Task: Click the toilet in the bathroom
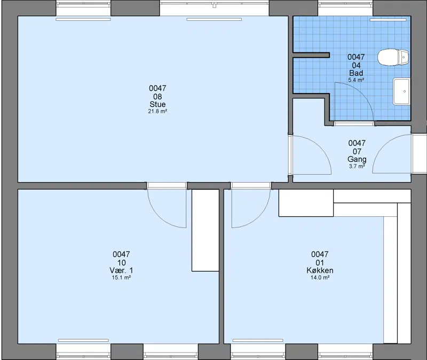pyautogui.click(x=393, y=58)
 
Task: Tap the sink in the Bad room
pyautogui.click(x=401, y=91)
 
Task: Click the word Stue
pyautogui.click(x=157, y=104)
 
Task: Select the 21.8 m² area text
pyautogui.click(x=157, y=111)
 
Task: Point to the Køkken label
pyautogui.click(x=320, y=270)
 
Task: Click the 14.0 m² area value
pyautogui.click(x=320, y=277)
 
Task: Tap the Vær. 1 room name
pyautogui.click(x=121, y=270)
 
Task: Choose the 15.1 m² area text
pyautogui.click(x=121, y=277)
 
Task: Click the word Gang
pyautogui.click(x=357, y=159)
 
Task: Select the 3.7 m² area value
pyautogui.click(x=357, y=166)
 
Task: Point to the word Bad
pyautogui.click(x=356, y=73)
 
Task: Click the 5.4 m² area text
pyautogui.click(x=356, y=80)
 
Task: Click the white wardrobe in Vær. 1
pyautogui.click(x=205, y=230)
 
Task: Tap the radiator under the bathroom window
pyautogui.click(x=388, y=20)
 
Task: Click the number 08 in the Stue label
pyautogui.click(x=157, y=97)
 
